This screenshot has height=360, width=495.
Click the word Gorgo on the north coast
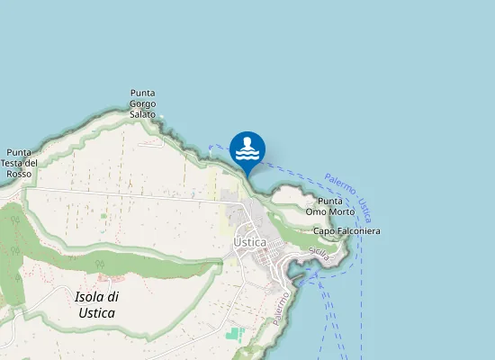143,103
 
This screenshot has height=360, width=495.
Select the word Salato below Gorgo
143,114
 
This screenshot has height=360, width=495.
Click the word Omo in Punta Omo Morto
317,211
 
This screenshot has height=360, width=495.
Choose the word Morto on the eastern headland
342,211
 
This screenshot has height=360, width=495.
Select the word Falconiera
360,231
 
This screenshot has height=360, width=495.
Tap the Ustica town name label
250,243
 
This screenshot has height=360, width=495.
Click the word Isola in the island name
88,296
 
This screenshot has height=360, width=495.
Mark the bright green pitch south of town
235,333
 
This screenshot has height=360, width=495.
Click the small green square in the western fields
103,216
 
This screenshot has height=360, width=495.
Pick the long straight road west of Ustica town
126,193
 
